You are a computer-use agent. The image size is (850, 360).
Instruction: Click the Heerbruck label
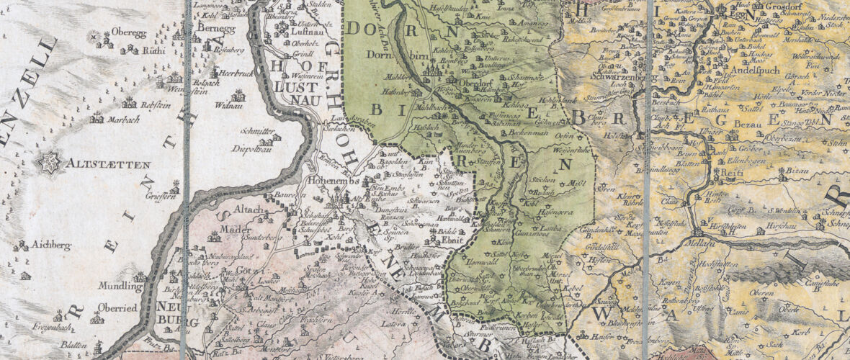point(234,73)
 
